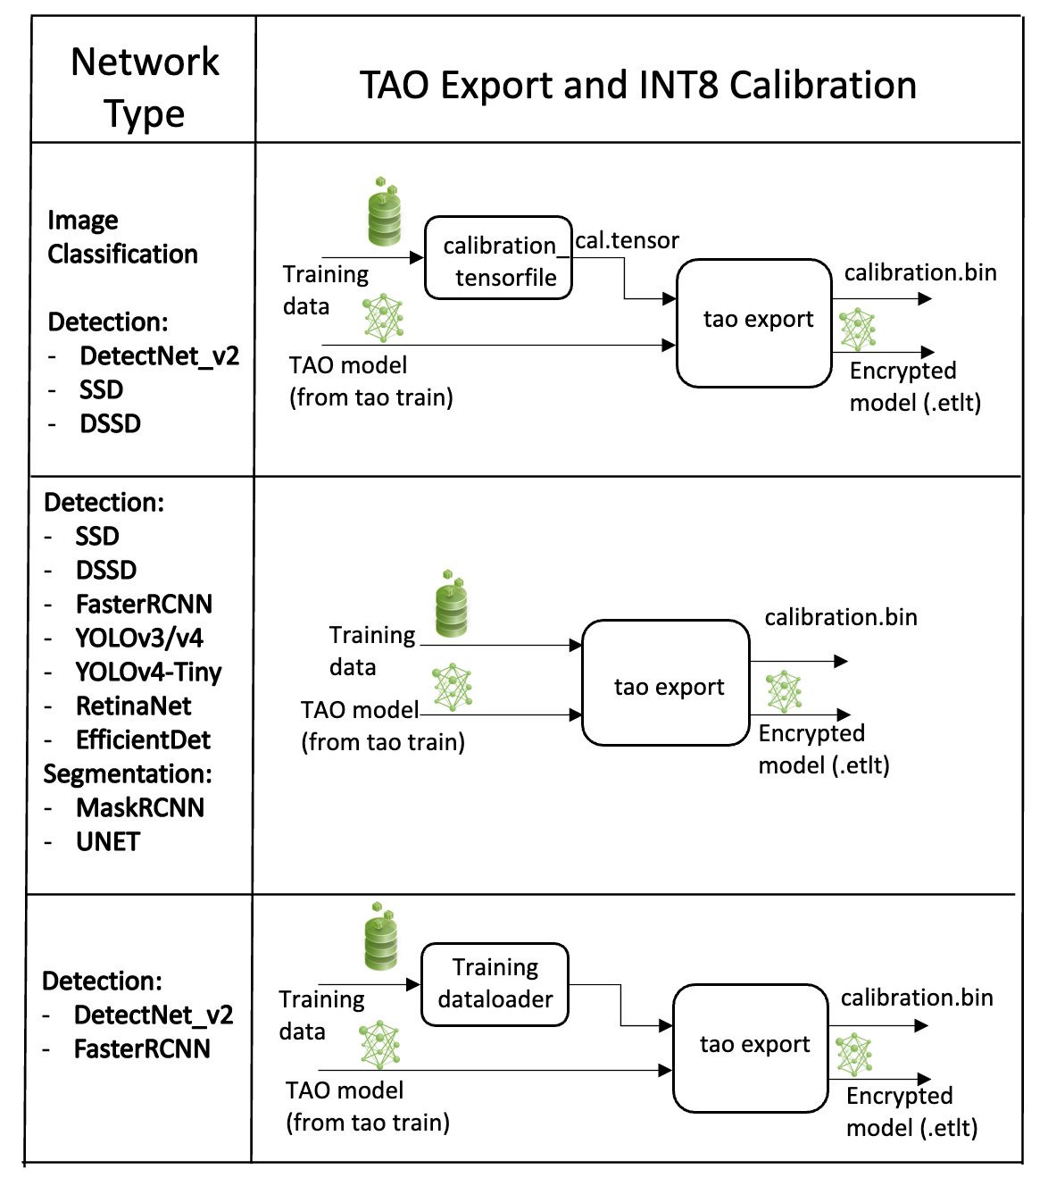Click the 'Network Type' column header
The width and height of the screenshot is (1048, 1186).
click(x=144, y=88)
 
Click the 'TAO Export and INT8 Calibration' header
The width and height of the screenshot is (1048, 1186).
click(x=637, y=86)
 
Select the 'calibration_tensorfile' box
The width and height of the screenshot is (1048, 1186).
click(x=499, y=259)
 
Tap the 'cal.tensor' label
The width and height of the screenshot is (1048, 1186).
click(x=627, y=240)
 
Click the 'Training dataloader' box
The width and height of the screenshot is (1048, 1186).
click(x=495, y=984)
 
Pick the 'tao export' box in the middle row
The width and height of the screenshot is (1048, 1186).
click(x=666, y=683)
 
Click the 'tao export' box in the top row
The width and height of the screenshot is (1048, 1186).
click(x=755, y=322)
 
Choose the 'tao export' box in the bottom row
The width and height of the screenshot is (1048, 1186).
click(x=752, y=1048)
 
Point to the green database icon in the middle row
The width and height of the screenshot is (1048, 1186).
click(x=452, y=604)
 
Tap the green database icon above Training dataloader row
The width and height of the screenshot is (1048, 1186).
click(x=381, y=937)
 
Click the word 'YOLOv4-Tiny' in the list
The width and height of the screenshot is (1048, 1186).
click(x=148, y=672)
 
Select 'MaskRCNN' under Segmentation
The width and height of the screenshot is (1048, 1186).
click(x=140, y=807)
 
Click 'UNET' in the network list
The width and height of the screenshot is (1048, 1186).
click(x=108, y=841)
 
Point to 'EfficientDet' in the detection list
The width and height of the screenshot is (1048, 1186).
click(x=143, y=739)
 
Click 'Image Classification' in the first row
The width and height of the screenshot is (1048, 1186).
click(x=121, y=237)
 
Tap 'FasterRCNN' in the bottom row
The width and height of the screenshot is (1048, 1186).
click(x=142, y=1048)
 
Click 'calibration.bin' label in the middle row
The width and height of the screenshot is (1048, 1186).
click(x=840, y=617)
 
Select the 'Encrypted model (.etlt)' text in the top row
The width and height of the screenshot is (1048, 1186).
click(x=914, y=387)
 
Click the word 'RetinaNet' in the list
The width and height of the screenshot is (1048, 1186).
click(x=133, y=706)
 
